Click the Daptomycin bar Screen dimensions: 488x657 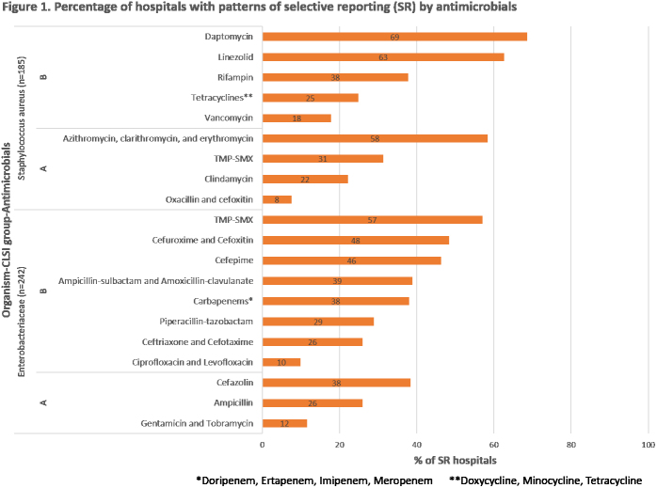click(x=394, y=37)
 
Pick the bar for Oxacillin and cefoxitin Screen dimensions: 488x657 click(x=277, y=199)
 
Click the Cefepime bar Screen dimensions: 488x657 click(x=351, y=260)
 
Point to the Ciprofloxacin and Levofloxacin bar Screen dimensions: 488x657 click(x=281, y=362)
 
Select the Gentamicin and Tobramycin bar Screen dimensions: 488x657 click(x=284, y=423)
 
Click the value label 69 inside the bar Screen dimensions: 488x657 click(x=395, y=37)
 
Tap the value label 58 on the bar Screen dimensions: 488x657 click(x=375, y=138)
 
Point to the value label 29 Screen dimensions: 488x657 click(x=318, y=322)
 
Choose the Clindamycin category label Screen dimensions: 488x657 click(x=230, y=179)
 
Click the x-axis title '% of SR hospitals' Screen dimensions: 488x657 click(x=455, y=461)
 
